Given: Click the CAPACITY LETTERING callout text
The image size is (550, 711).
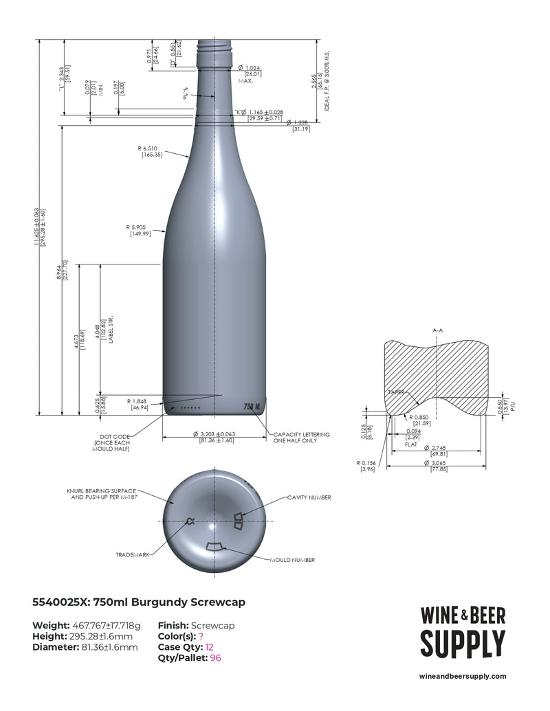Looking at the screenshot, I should click(x=302, y=438).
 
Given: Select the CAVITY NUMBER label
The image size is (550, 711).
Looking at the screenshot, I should click(x=309, y=497).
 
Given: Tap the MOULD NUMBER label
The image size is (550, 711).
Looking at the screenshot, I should click(x=292, y=560).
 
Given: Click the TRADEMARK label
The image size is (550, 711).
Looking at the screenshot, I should click(x=132, y=554).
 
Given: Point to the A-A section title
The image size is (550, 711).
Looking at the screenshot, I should click(x=437, y=330).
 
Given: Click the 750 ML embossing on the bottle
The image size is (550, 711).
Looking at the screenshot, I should click(x=252, y=407).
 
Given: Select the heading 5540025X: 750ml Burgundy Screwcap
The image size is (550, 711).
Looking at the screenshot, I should click(x=139, y=602).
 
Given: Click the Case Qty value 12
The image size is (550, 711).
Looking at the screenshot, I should click(x=210, y=647).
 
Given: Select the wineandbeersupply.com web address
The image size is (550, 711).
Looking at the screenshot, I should click(x=462, y=676).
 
